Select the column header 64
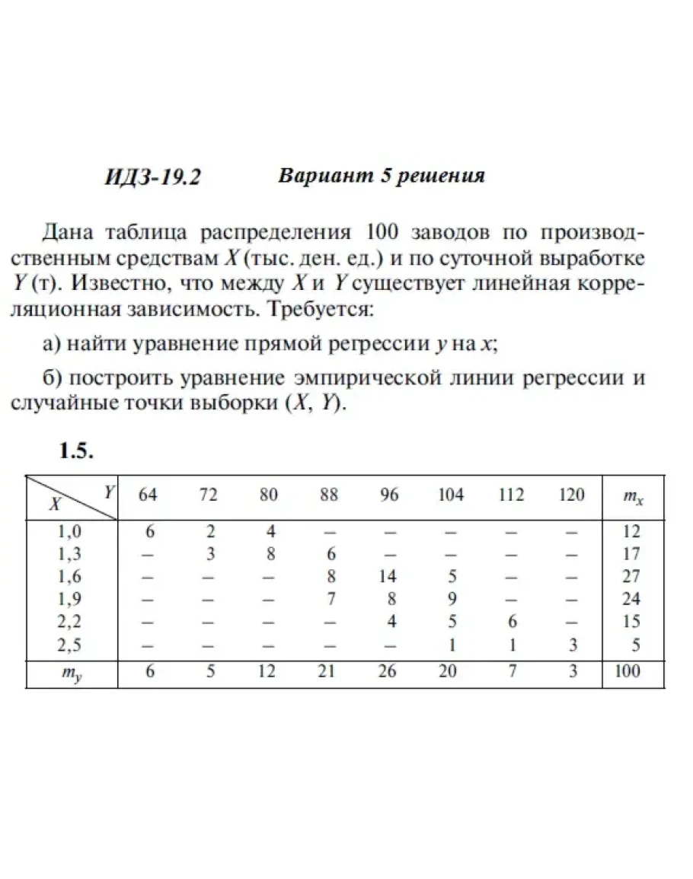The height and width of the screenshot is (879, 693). [148, 495]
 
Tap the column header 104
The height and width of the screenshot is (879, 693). [451, 495]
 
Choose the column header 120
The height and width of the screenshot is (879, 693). [571, 495]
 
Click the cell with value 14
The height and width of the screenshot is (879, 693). [389, 576]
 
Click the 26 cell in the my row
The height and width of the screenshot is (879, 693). [389, 671]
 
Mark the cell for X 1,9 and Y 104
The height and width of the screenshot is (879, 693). [451, 599]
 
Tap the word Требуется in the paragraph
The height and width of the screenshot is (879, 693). [331, 311]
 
